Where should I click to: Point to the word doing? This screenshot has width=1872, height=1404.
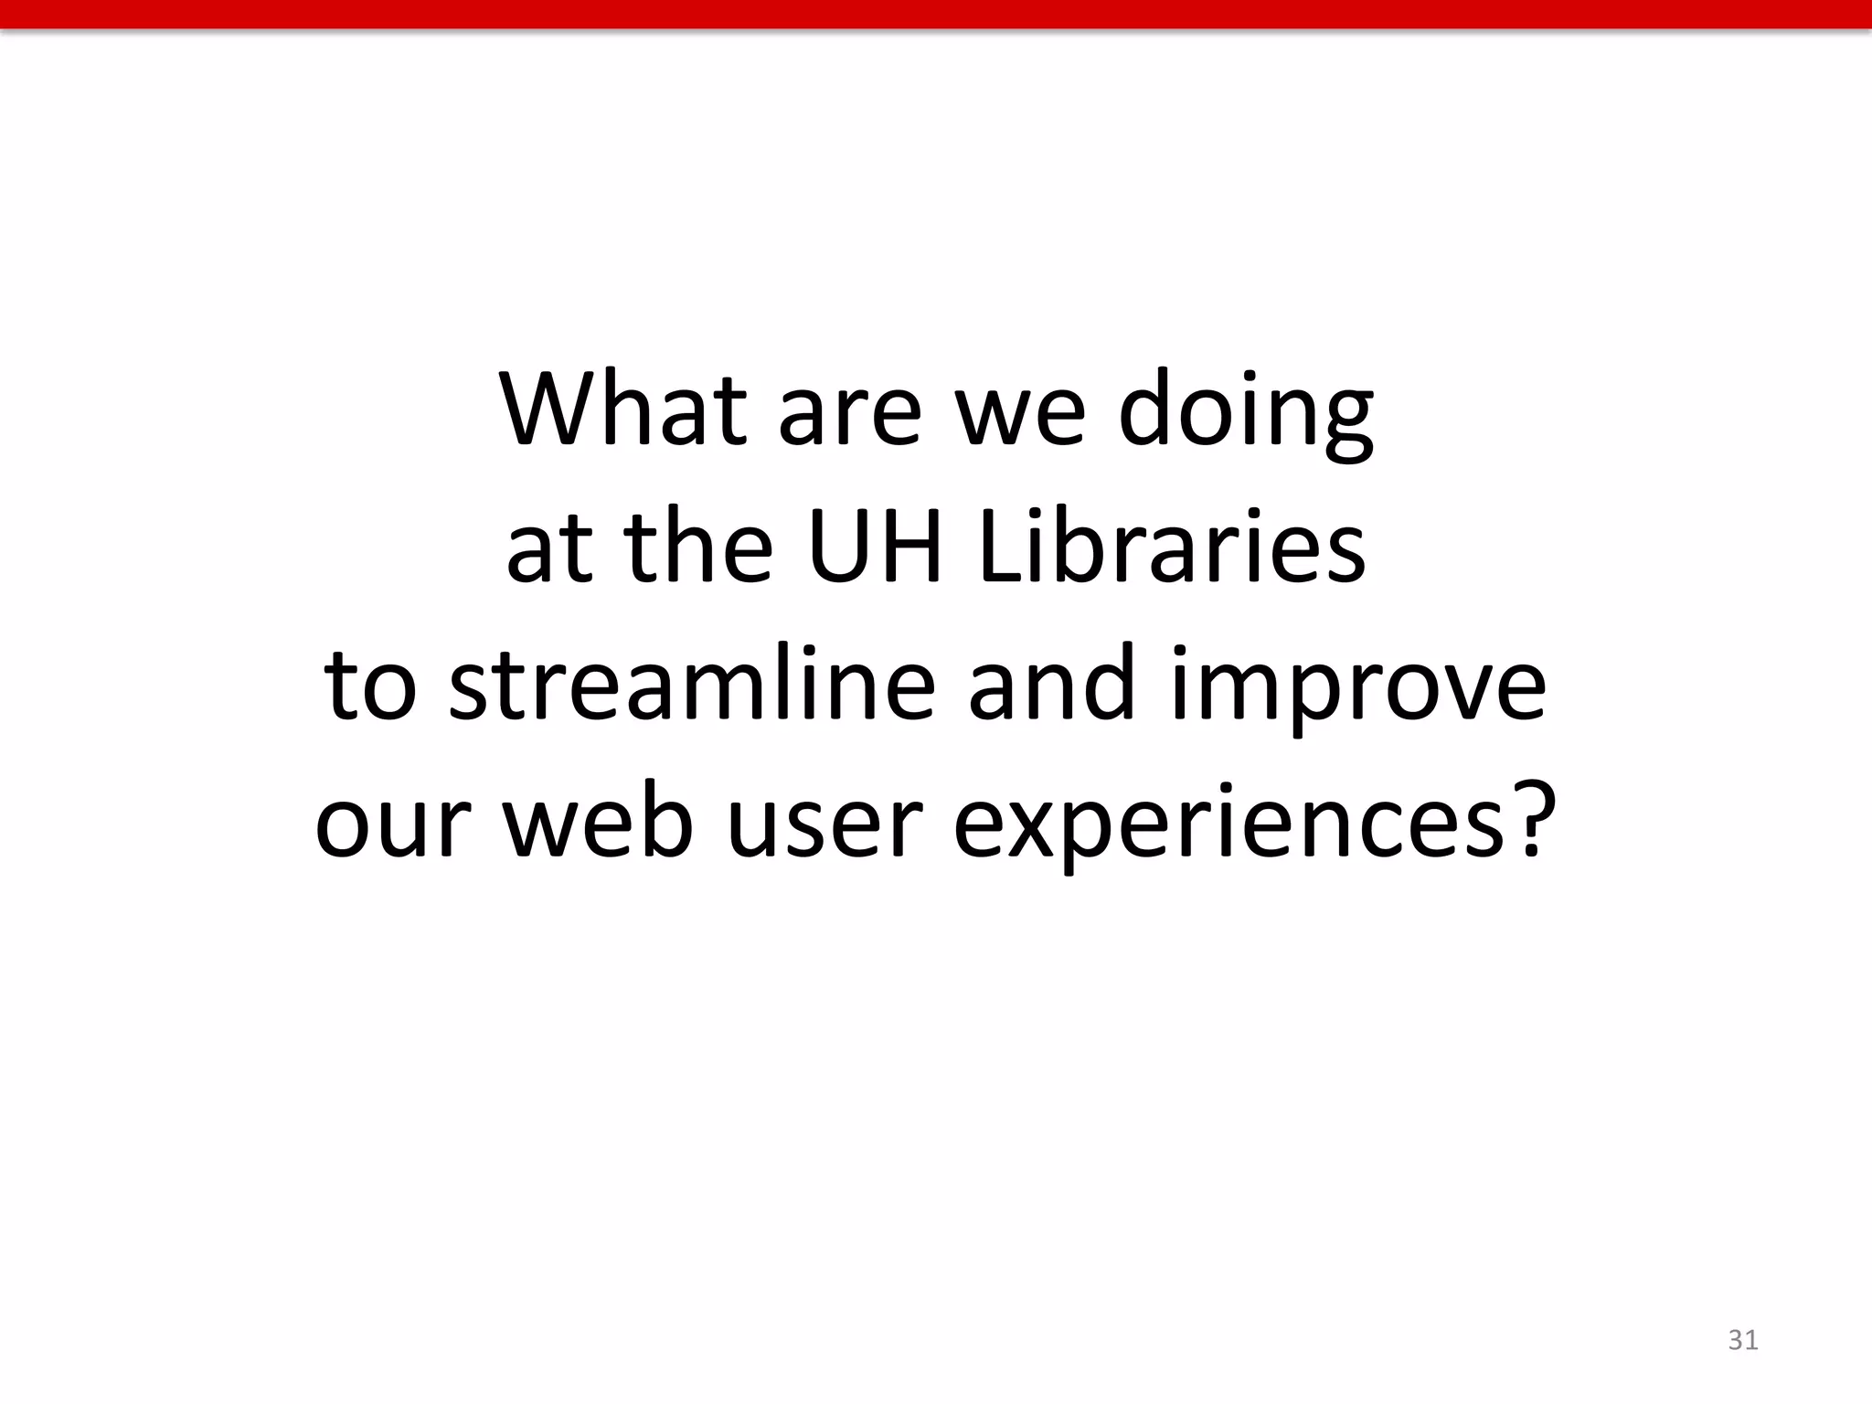point(1246,413)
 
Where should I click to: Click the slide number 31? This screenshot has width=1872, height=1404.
point(1743,1340)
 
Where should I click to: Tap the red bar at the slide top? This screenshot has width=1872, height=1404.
point(936,14)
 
